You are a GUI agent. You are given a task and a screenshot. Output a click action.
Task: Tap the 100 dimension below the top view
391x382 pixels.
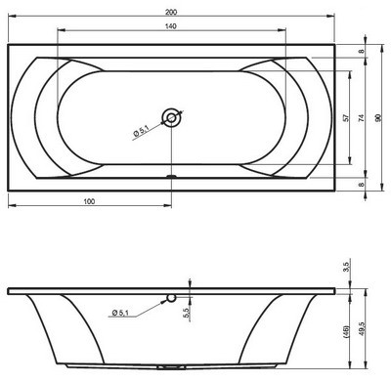(89, 199)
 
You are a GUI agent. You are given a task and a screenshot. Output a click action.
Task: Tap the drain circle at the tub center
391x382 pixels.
(172, 117)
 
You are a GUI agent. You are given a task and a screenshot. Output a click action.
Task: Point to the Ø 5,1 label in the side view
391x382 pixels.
(123, 312)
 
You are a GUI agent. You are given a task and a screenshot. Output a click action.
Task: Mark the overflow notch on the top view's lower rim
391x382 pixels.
(172, 178)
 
